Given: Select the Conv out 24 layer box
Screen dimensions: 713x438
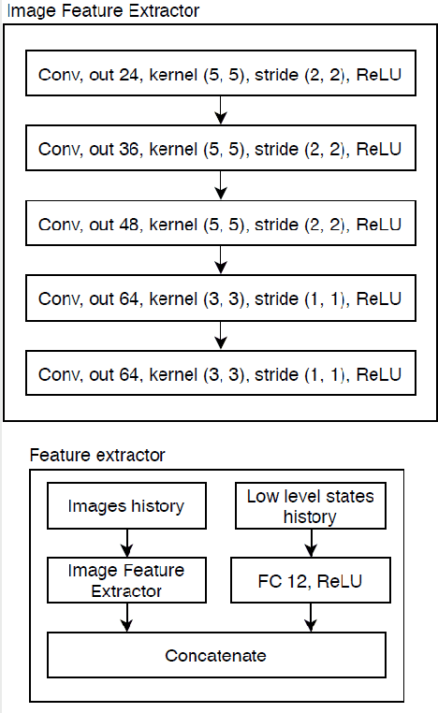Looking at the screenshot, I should point(220,74).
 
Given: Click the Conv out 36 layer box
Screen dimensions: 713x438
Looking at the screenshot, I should point(220,149).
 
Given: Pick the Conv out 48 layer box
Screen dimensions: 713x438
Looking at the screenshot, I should point(220,225).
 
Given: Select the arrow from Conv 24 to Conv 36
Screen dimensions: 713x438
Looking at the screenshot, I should point(220,111).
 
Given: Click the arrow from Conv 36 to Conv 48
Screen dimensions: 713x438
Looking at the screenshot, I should point(220,187).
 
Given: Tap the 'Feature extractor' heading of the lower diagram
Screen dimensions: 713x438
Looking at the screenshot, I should point(97,456).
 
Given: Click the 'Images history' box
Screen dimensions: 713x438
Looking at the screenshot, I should point(126,506).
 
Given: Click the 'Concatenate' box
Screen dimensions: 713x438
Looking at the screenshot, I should point(216,655).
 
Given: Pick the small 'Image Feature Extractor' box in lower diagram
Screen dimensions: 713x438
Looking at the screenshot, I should point(126,580).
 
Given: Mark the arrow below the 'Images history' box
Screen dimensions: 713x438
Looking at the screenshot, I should point(126,543).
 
